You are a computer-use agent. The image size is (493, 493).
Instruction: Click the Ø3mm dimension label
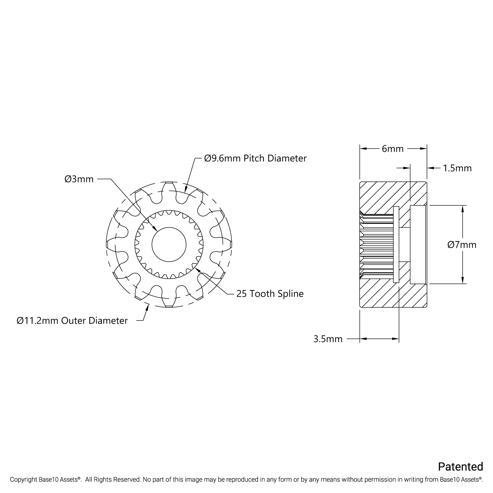coord(79,179)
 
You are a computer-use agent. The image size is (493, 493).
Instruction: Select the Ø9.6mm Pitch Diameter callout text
coord(255,158)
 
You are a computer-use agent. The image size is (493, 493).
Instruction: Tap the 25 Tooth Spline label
coord(270,293)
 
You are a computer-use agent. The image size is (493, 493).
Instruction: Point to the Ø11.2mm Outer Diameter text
coord(72,320)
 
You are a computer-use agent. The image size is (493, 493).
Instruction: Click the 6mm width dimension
coord(392,149)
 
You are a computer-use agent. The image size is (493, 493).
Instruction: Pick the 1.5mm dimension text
coord(457,168)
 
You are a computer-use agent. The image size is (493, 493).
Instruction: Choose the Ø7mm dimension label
coord(462,245)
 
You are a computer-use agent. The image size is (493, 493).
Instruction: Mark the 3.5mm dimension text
coord(328,339)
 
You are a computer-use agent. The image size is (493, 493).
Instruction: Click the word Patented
coord(460,467)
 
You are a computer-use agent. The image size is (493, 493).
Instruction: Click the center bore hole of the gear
coord(169,244)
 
